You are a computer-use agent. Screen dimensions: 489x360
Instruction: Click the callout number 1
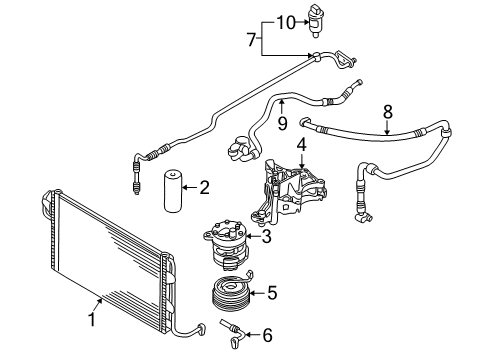[x=92, y=318]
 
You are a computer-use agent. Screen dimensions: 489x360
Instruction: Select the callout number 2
[x=204, y=187]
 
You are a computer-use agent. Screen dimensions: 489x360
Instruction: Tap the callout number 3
[x=266, y=236]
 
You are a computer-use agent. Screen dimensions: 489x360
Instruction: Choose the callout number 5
[x=272, y=293]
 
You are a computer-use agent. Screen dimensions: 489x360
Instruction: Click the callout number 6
[x=267, y=335]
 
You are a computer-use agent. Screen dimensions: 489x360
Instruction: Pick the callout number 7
[x=252, y=39]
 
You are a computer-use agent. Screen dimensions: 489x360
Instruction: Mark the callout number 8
[x=388, y=112]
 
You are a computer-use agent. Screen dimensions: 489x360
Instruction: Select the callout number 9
[x=283, y=123]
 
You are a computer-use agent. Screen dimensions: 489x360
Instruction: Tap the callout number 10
[x=286, y=23]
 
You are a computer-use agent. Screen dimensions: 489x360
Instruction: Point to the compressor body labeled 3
[x=226, y=244]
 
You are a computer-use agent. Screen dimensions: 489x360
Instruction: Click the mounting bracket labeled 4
[x=288, y=191]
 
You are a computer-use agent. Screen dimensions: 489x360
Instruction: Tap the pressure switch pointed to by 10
[x=315, y=21]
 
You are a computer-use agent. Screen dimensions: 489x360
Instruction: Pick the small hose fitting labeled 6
[x=233, y=333]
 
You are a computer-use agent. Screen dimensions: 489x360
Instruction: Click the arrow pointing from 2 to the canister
[x=190, y=188]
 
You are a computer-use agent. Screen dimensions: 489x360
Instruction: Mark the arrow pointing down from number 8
[x=387, y=128]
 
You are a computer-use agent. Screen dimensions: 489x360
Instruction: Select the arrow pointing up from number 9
[x=282, y=107]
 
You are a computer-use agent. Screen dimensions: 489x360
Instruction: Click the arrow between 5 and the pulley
[x=257, y=293]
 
